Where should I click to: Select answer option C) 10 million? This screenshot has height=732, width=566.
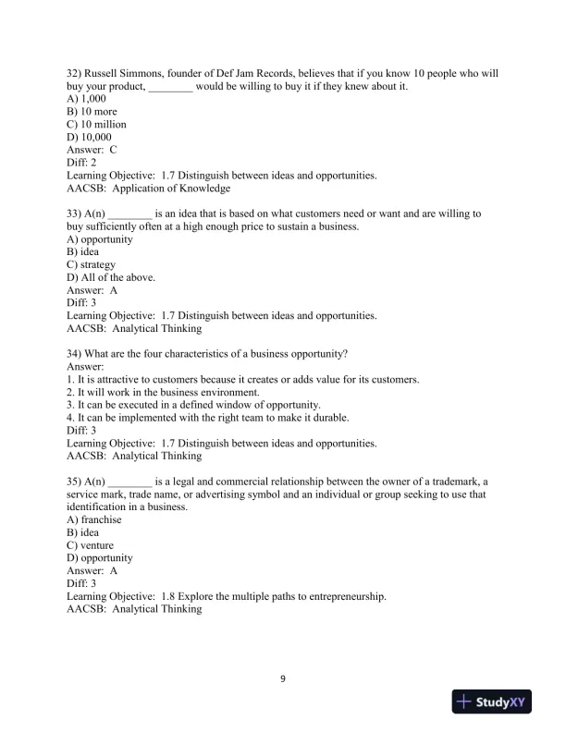(97, 124)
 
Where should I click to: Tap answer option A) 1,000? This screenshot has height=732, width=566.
(88, 99)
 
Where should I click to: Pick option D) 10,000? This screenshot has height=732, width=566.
(90, 137)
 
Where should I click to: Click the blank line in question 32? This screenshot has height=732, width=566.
(170, 87)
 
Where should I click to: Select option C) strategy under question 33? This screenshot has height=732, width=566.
(91, 264)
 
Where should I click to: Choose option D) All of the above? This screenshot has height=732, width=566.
(111, 277)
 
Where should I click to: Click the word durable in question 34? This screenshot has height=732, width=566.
(354, 418)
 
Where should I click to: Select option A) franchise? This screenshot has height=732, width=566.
(94, 519)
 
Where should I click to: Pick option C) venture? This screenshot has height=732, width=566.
(91, 545)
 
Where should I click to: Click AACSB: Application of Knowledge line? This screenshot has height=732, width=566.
(149, 189)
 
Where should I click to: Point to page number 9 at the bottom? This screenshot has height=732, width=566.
(283, 679)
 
